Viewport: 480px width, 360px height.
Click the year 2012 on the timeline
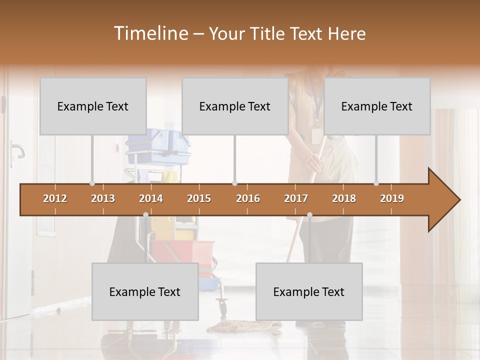point(55,198)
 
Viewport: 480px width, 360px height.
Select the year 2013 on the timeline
point(103,198)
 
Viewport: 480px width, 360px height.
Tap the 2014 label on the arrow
point(151,198)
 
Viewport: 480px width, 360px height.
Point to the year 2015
point(199,198)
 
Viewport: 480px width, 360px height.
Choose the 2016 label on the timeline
point(248,198)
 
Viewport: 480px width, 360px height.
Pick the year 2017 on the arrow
point(296,198)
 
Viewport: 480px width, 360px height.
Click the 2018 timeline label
point(344,198)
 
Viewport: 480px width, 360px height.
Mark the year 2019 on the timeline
point(392,198)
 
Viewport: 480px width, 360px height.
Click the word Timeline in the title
point(149,33)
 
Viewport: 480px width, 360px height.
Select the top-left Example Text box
point(93,106)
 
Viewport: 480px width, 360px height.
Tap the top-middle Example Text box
point(235,106)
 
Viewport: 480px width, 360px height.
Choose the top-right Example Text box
point(377,106)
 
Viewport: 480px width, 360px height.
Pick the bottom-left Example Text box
point(145,291)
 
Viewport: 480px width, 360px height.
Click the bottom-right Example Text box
point(309,291)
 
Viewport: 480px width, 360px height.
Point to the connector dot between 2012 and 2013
point(92,183)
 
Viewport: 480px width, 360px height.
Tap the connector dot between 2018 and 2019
point(376,183)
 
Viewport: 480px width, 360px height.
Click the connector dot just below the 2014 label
point(145,215)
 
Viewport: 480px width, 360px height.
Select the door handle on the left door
point(18,149)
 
